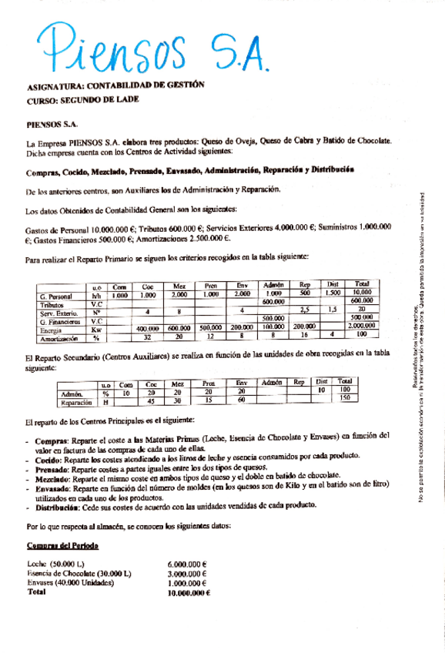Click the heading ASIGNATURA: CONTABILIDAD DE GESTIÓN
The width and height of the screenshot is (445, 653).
tap(115, 86)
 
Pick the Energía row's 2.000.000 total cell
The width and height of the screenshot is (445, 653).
tap(362, 326)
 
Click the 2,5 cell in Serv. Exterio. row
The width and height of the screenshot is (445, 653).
tap(304, 310)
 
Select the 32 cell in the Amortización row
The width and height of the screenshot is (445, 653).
tap(147, 337)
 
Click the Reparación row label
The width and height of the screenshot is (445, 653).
tap(77, 400)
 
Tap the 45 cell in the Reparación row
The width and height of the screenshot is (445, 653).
tap(151, 400)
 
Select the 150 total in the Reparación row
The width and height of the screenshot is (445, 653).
tap(344, 399)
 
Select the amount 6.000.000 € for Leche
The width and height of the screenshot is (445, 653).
tap(188, 565)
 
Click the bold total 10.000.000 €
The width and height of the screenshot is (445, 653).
tap(189, 593)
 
